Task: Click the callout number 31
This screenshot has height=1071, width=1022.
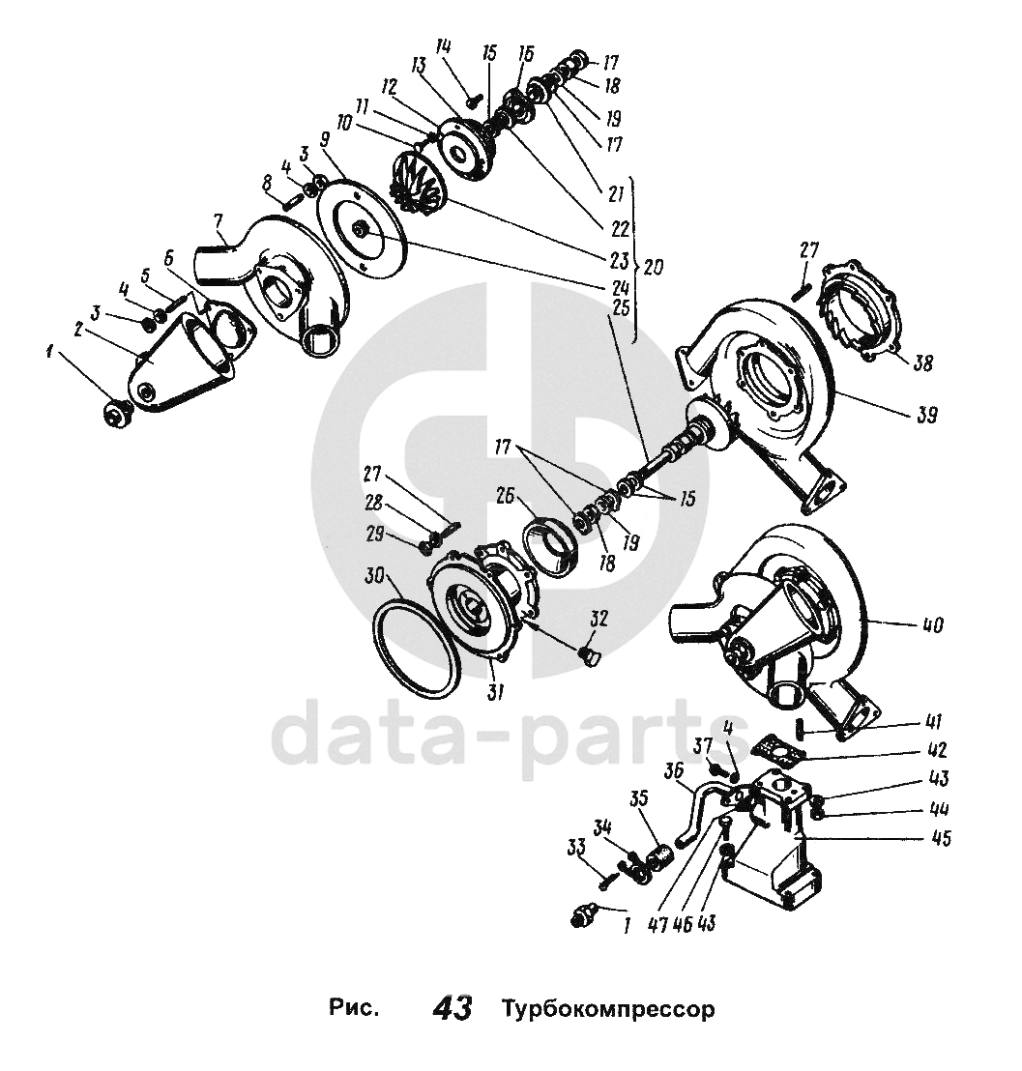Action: click(x=498, y=693)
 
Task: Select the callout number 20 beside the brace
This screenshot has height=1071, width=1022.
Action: click(x=654, y=266)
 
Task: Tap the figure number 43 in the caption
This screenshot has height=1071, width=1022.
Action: click(x=453, y=1009)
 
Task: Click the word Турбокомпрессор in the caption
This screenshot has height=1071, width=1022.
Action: click(x=608, y=1010)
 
